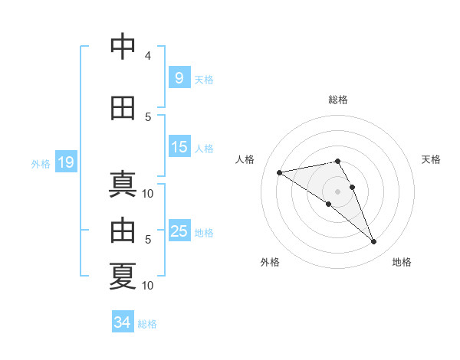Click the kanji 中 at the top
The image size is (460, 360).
tap(123, 48)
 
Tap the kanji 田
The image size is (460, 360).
tap(123, 108)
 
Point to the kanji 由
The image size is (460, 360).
tap(123, 229)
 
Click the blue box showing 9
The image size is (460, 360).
tap(179, 78)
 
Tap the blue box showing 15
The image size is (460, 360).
tap(179, 147)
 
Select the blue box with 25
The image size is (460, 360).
tap(179, 231)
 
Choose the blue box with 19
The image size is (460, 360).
tap(65, 162)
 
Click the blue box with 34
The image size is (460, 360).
tap(122, 322)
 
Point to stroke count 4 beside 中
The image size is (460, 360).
tap(148, 56)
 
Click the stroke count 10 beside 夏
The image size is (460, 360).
tap(148, 285)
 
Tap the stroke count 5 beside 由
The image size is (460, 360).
tap(148, 240)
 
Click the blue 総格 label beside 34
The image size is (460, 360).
tap(147, 323)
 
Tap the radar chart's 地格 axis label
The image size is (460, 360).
tap(402, 262)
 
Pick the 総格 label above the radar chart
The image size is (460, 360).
tap(337, 100)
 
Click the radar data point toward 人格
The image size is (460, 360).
tap(280, 172)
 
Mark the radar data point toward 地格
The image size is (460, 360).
tap(374, 242)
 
